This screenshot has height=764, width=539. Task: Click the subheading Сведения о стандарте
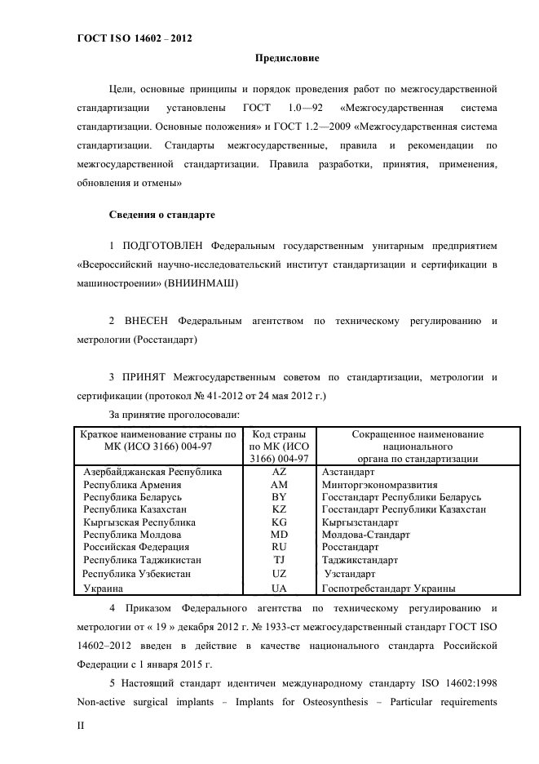(x=162, y=215)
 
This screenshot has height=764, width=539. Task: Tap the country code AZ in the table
(x=279, y=472)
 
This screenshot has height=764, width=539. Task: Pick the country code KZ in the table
(x=279, y=509)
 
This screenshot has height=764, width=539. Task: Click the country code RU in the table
(x=279, y=548)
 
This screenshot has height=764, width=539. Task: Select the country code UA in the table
(x=279, y=587)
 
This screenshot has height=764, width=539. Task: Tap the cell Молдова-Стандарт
(x=365, y=535)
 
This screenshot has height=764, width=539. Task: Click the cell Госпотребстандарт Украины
(x=388, y=587)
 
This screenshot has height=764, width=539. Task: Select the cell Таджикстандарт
(x=360, y=561)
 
